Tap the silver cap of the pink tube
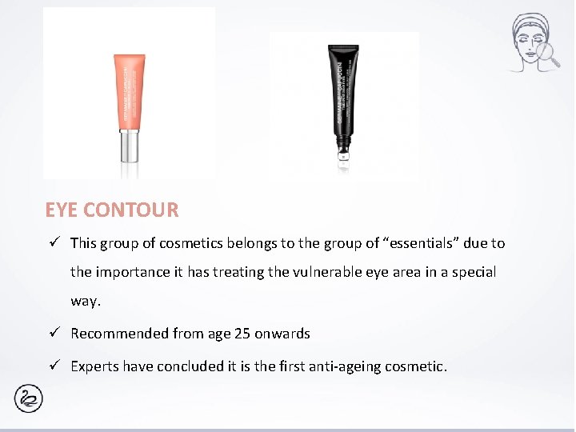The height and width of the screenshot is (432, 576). [x=130, y=148]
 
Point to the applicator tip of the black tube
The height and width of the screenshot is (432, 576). [x=342, y=154]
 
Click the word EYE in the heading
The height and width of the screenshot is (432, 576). [x=62, y=210]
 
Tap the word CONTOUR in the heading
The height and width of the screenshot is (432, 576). [x=131, y=210]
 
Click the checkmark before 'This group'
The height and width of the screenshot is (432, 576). [x=54, y=242]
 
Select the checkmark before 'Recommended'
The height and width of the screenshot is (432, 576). [x=54, y=333]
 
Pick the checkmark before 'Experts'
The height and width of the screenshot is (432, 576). [x=54, y=366]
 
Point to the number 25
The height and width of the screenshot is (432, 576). [x=242, y=334]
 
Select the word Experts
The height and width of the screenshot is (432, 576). [x=96, y=366]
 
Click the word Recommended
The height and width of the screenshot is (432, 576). [x=119, y=334]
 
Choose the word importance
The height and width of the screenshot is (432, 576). [x=134, y=272]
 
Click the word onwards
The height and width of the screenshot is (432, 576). [x=282, y=334]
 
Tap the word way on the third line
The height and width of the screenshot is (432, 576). [x=85, y=302]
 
